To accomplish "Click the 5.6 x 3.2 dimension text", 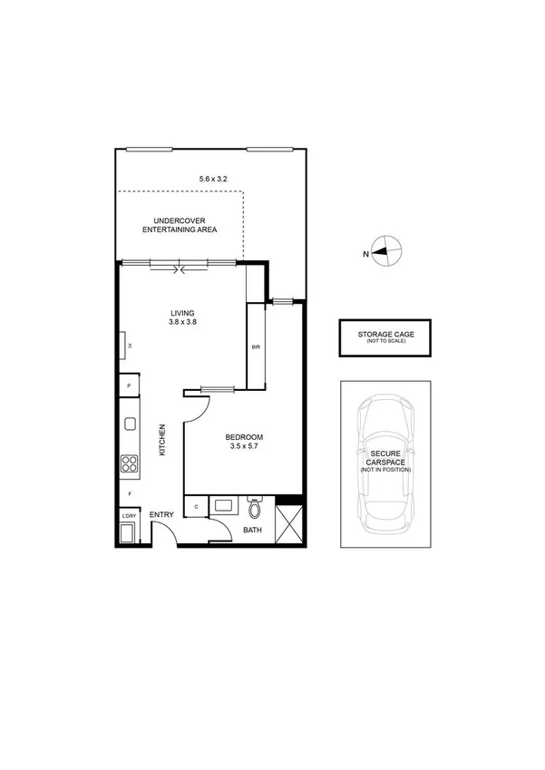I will coord(212,180).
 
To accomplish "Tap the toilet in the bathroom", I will coord(255,504).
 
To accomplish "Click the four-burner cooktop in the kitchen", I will coord(129,464).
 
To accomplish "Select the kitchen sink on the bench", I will coord(130,424).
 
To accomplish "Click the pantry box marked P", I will coord(130,385).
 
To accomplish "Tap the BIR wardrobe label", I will coord(255,346).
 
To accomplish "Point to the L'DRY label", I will coord(129,516).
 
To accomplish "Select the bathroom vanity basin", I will coord(223,505).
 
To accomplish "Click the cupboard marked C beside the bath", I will coord(196,505).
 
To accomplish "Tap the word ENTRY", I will coord(161,515).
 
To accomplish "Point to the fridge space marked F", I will coord(130,494).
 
